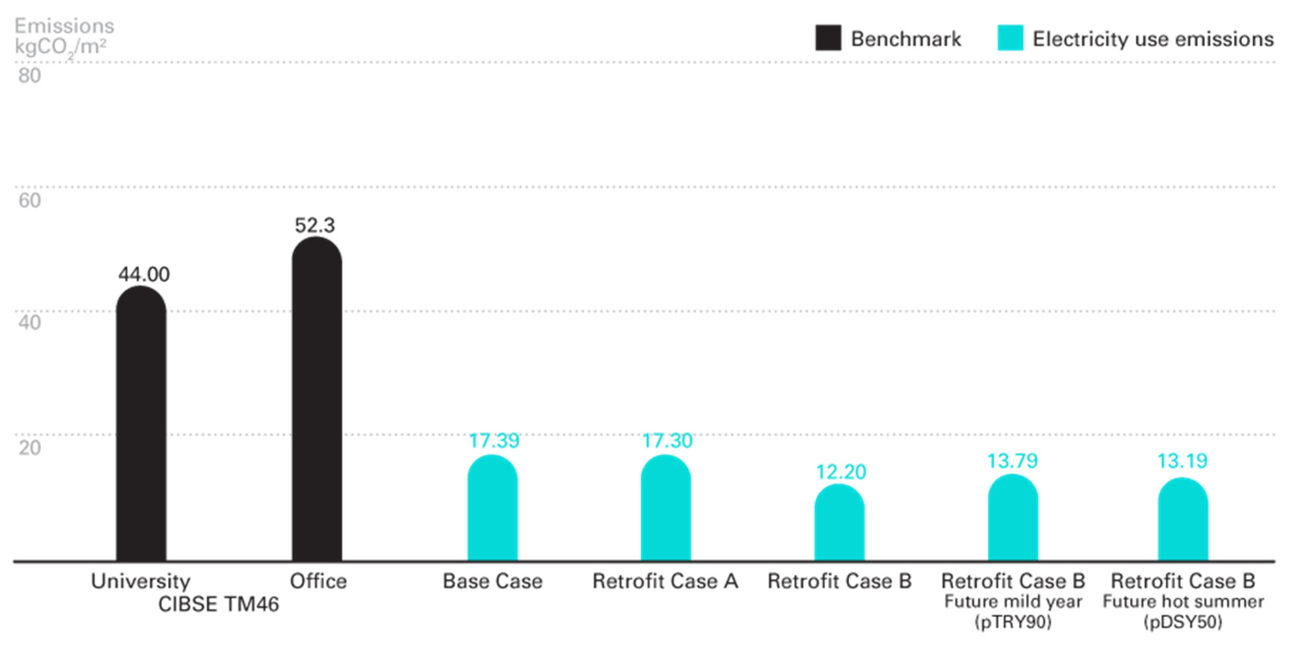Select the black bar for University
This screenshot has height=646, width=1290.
pos(141,423)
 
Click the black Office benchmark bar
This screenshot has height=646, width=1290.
pos(317,399)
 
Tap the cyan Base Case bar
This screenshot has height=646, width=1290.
pos(493,507)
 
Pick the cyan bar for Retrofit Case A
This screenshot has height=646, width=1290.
pos(666,507)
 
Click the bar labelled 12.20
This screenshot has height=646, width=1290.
pos(839,522)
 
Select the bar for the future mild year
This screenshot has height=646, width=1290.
pos(1013,517)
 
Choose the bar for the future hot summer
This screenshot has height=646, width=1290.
pos(1183,519)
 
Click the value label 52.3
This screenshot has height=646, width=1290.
pos(314,226)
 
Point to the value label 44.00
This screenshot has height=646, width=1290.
pos(144,274)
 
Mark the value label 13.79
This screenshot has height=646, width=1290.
pos(1013,461)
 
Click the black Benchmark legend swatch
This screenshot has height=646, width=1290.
pos(828,38)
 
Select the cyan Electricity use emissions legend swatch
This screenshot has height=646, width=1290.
pos(1011,38)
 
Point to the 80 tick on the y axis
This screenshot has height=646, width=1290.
pos(29,76)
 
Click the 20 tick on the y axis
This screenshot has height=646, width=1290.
pos(29,447)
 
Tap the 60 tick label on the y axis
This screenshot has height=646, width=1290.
pos(29,200)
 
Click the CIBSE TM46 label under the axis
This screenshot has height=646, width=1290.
pos(218,604)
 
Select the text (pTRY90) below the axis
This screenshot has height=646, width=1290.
pos(1013,622)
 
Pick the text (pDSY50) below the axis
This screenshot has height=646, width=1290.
pos(1183,622)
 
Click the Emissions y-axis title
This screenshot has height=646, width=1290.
pos(64,25)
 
